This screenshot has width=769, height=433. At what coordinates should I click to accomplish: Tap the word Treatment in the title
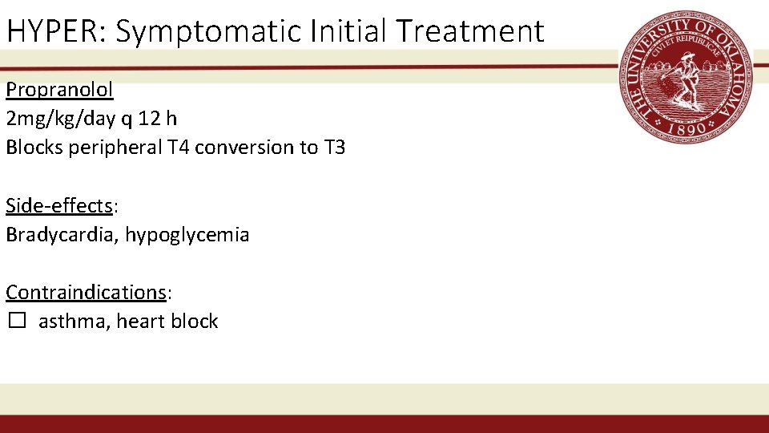[x=471, y=31]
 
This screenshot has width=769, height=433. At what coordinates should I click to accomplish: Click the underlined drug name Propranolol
[x=59, y=89]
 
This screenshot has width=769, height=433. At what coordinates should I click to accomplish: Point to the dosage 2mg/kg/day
[x=61, y=119]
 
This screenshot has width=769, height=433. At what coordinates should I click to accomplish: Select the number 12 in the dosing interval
[x=148, y=118]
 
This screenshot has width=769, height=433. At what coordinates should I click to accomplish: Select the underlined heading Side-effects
[x=59, y=205]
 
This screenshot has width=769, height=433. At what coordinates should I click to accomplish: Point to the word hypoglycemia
[x=187, y=235]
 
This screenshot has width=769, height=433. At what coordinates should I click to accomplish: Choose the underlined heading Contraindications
[x=86, y=292]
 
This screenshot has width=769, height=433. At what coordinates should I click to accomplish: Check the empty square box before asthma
[x=18, y=322]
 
